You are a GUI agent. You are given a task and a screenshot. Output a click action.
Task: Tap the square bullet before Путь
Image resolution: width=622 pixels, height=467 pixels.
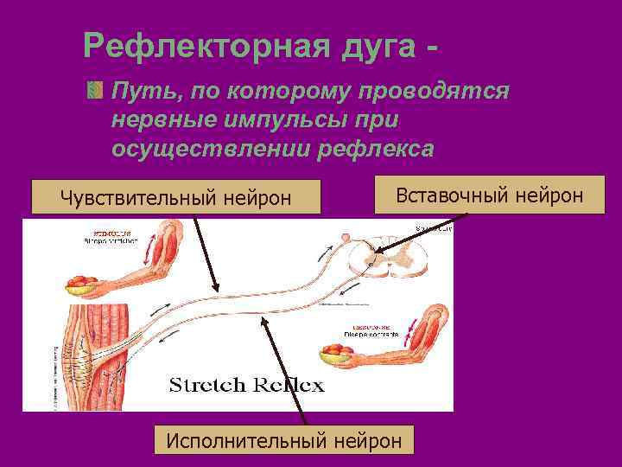(x=94, y=90)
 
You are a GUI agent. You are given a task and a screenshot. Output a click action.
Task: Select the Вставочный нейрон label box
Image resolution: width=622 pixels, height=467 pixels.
(x=489, y=195)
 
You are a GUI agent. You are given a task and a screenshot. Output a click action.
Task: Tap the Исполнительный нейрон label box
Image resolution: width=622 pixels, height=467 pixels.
(x=283, y=440)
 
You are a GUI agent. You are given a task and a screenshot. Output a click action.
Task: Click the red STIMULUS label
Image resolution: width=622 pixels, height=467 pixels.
(x=105, y=232)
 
